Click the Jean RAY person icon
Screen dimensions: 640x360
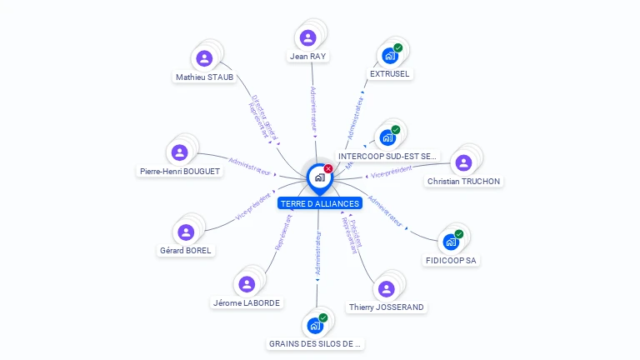(307, 37)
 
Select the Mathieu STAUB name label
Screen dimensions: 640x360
(204, 77)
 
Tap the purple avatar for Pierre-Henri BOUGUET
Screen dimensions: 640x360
(179, 152)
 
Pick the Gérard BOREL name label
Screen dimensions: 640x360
(186, 250)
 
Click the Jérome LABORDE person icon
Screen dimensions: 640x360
(246, 284)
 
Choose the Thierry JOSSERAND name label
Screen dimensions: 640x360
(386, 307)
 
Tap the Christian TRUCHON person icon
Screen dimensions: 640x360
(463, 162)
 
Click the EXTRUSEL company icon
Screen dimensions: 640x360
(389, 56)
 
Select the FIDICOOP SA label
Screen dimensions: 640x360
(451, 261)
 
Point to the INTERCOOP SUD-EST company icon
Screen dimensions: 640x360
(387, 137)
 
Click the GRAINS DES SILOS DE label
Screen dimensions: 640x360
(316, 343)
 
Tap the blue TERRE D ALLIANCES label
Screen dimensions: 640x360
(320, 203)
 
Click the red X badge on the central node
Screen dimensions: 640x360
(328, 169)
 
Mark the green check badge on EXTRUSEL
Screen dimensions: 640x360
(398, 47)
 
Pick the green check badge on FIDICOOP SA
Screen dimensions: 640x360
(458, 234)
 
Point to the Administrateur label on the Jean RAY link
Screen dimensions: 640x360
(313, 109)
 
